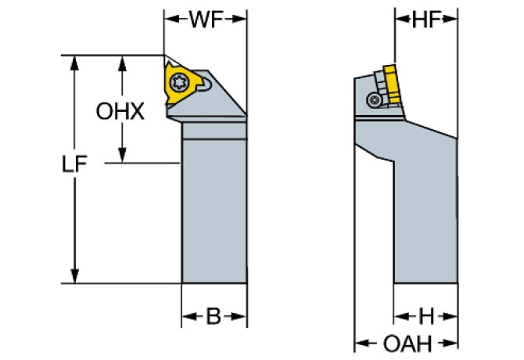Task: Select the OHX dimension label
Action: tap(121, 111)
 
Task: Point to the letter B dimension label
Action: tap(213, 317)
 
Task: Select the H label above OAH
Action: tap(425, 317)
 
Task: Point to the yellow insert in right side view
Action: tap(389, 81)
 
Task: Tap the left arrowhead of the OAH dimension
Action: tap(361, 343)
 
